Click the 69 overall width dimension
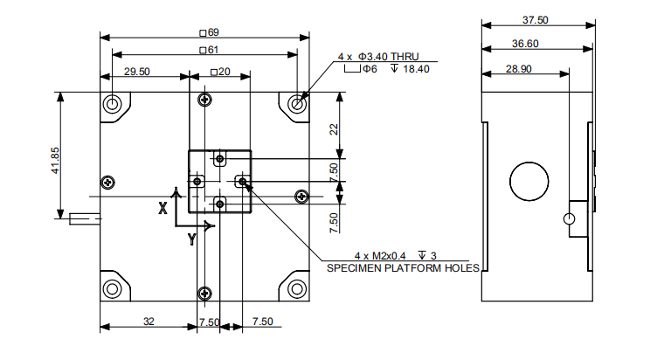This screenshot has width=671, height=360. point(209,32)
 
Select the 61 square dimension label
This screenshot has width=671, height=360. point(209,50)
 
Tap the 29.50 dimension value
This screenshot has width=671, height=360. point(136,73)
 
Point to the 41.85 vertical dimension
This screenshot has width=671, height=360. point(55,161)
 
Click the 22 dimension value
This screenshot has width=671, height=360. point(334,128)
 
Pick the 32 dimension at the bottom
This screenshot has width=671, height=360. point(149,322)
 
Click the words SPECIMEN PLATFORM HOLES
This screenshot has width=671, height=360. point(402,267)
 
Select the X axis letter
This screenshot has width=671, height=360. point(163,209)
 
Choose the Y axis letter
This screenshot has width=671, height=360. point(191,239)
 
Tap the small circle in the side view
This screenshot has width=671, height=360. point(571,218)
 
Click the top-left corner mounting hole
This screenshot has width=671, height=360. point(113,105)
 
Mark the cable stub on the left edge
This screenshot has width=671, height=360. point(85,218)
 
